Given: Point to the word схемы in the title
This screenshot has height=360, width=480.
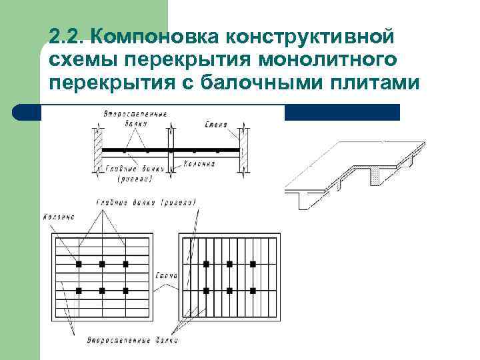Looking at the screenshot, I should click(80, 60).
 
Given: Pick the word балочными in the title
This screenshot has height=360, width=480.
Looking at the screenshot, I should click(275, 85).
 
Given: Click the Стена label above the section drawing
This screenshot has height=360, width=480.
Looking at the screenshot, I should click(217, 123).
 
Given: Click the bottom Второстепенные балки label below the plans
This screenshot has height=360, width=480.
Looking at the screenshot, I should click(133, 341).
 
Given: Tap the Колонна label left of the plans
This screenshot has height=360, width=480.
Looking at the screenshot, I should click(58, 217).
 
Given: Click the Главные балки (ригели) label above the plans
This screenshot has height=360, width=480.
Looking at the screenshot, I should click(146, 201).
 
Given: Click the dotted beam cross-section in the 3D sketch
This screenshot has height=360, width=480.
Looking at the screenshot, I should click(376, 175).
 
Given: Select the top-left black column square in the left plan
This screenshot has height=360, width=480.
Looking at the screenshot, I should click(79, 264).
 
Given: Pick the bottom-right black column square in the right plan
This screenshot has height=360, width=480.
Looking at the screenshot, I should click(253, 291).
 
